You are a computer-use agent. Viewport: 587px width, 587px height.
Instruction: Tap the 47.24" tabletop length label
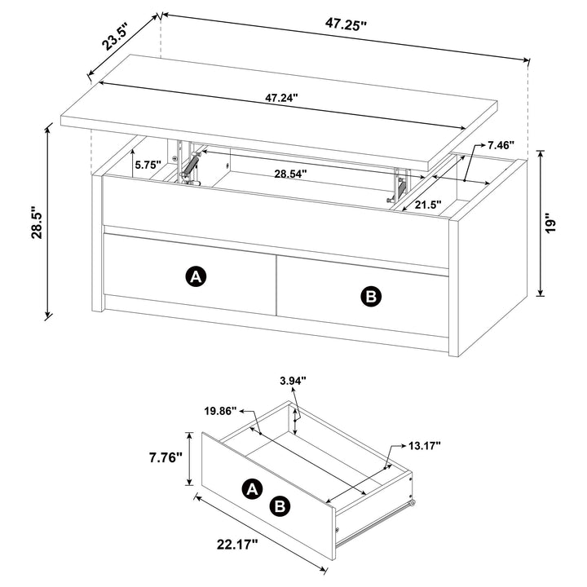click(281, 98)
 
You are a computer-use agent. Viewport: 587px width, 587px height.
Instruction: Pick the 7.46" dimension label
click(501, 145)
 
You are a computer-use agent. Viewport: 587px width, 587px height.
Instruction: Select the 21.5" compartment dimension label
click(428, 205)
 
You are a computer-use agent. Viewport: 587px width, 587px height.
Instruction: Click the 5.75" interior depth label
click(149, 164)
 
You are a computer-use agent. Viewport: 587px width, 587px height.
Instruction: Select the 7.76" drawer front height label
click(165, 457)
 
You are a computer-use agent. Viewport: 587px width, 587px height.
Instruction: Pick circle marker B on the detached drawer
click(280, 506)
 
